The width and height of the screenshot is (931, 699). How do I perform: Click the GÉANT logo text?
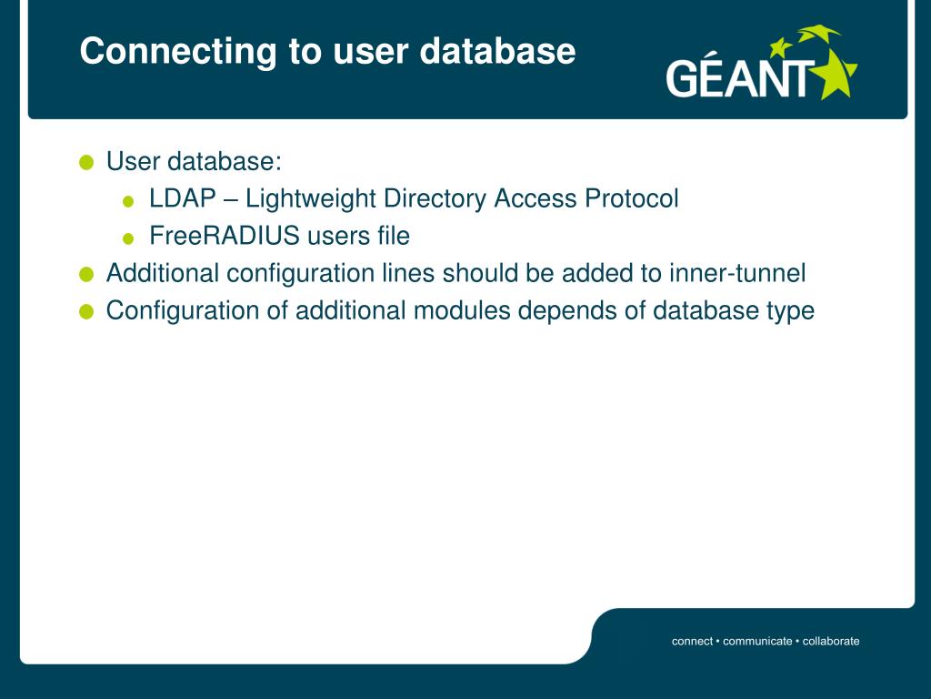[x=736, y=78]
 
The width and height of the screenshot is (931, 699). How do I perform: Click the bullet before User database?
[x=86, y=163]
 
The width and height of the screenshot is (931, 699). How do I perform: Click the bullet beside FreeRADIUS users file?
[x=128, y=238]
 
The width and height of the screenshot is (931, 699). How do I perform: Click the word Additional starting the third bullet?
[x=163, y=273]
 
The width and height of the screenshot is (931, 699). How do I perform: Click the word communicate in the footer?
[x=757, y=641]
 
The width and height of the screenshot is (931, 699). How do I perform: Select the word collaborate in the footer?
[x=831, y=641]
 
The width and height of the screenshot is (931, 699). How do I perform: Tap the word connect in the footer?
[x=692, y=641]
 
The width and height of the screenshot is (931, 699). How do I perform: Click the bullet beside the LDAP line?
[x=128, y=201]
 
